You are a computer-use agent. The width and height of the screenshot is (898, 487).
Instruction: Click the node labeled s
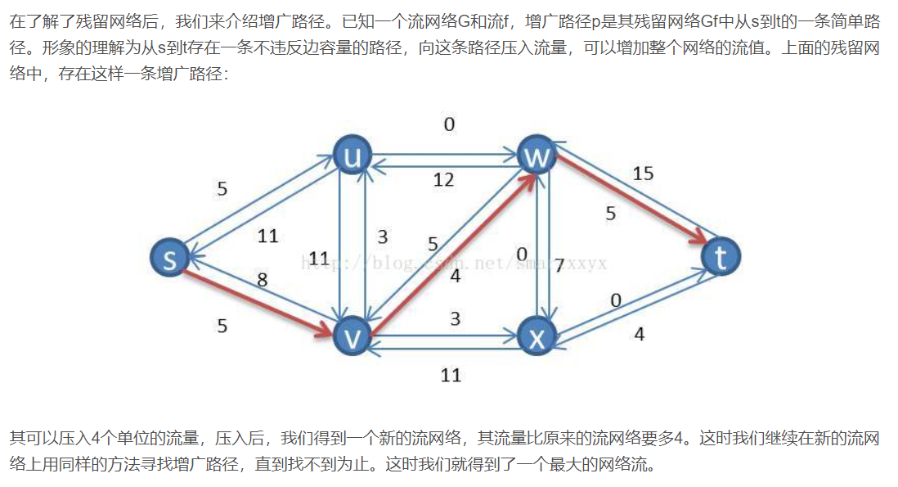click(170, 258)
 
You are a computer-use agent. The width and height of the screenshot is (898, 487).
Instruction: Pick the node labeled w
click(537, 156)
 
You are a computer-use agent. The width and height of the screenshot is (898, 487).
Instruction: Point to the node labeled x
click(537, 336)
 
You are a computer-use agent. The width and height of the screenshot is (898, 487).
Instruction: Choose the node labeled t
click(721, 257)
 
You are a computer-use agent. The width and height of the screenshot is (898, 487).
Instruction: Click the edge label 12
click(443, 179)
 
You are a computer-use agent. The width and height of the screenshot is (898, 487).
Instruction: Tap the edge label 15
click(643, 174)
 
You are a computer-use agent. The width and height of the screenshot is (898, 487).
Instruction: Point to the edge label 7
click(559, 265)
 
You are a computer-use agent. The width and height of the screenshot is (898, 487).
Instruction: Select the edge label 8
click(262, 280)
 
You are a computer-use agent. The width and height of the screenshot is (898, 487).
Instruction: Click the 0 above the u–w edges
click(449, 125)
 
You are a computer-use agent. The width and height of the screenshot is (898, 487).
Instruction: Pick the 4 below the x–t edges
click(639, 334)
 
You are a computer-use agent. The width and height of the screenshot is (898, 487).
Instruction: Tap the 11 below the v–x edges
click(451, 375)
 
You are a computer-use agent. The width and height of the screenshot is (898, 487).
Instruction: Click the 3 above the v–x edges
click(456, 318)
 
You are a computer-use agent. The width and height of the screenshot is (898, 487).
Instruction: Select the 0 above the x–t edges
click(616, 301)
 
